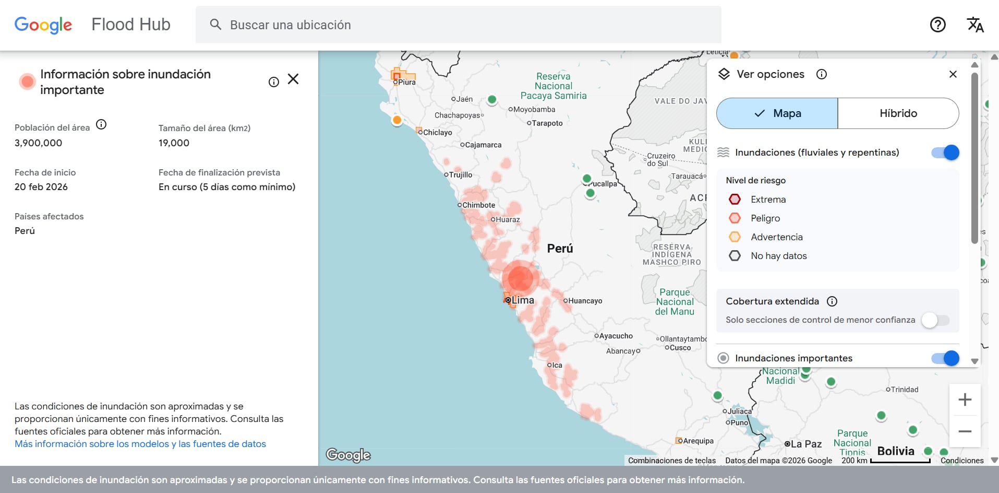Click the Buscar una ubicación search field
click(x=458, y=25)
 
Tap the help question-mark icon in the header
click(x=937, y=25)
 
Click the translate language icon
click(x=975, y=25)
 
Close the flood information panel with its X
click(x=293, y=79)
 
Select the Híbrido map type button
click(x=898, y=113)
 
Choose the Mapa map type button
click(x=777, y=113)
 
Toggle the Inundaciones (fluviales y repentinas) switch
click(x=945, y=152)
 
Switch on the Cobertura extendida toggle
click(x=935, y=320)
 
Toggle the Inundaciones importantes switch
click(x=945, y=358)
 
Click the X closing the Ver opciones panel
click(x=953, y=74)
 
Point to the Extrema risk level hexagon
click(x=735, y=199)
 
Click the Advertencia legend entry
click(x=776, y=237)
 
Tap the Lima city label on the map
click(x=523, y=300)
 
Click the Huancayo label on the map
click(x=585, y=301)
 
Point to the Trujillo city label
click(x=461, y=175)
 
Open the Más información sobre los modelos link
click(x=140, y=444)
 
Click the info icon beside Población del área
click(x=101, y=124)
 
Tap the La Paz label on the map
click(x=806, y=444)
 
